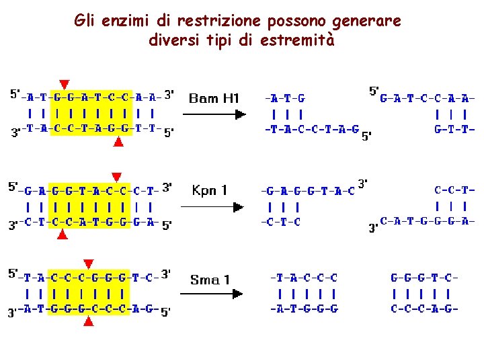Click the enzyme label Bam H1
point(214,99)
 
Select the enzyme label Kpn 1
point(210,191)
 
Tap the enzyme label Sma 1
point(210,280)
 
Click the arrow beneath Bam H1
point(213,115)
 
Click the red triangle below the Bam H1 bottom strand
point(118,141)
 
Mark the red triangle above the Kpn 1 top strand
point(116,177)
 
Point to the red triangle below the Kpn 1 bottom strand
point(62,235)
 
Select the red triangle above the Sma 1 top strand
point(88,263)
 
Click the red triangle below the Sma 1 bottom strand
point(88,322)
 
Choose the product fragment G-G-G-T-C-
point(424,277)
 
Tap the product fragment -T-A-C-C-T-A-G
point(312,130)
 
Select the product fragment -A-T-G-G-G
point(304,309)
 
